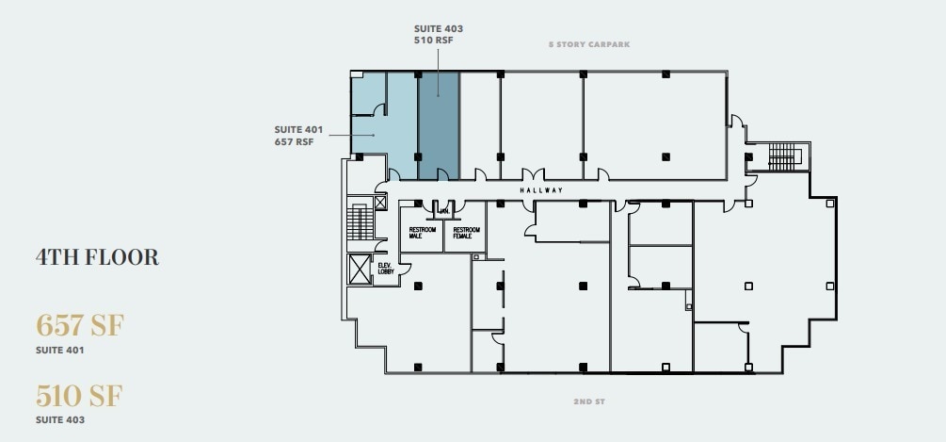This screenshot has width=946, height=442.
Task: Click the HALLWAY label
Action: [540, 190]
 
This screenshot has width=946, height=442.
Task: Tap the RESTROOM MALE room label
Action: [421, 233]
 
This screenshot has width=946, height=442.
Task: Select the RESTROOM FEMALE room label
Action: [466, 233]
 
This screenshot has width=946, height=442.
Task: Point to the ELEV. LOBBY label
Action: [384, 269]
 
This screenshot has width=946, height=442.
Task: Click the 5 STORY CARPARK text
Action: [589, 43]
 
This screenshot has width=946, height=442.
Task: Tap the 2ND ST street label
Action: [588, 401]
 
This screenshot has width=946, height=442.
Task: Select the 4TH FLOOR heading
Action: [97, 256]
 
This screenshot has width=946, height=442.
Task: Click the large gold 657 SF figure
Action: [80, 325]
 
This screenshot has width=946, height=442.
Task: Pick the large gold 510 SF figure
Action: [80, 394]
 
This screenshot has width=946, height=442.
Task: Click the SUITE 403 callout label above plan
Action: [438, 35]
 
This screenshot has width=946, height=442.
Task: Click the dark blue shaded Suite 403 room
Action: [438, 123]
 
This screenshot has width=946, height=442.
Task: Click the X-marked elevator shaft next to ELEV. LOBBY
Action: [360, 270]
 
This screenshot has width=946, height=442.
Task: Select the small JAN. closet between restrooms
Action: [442, 211]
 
